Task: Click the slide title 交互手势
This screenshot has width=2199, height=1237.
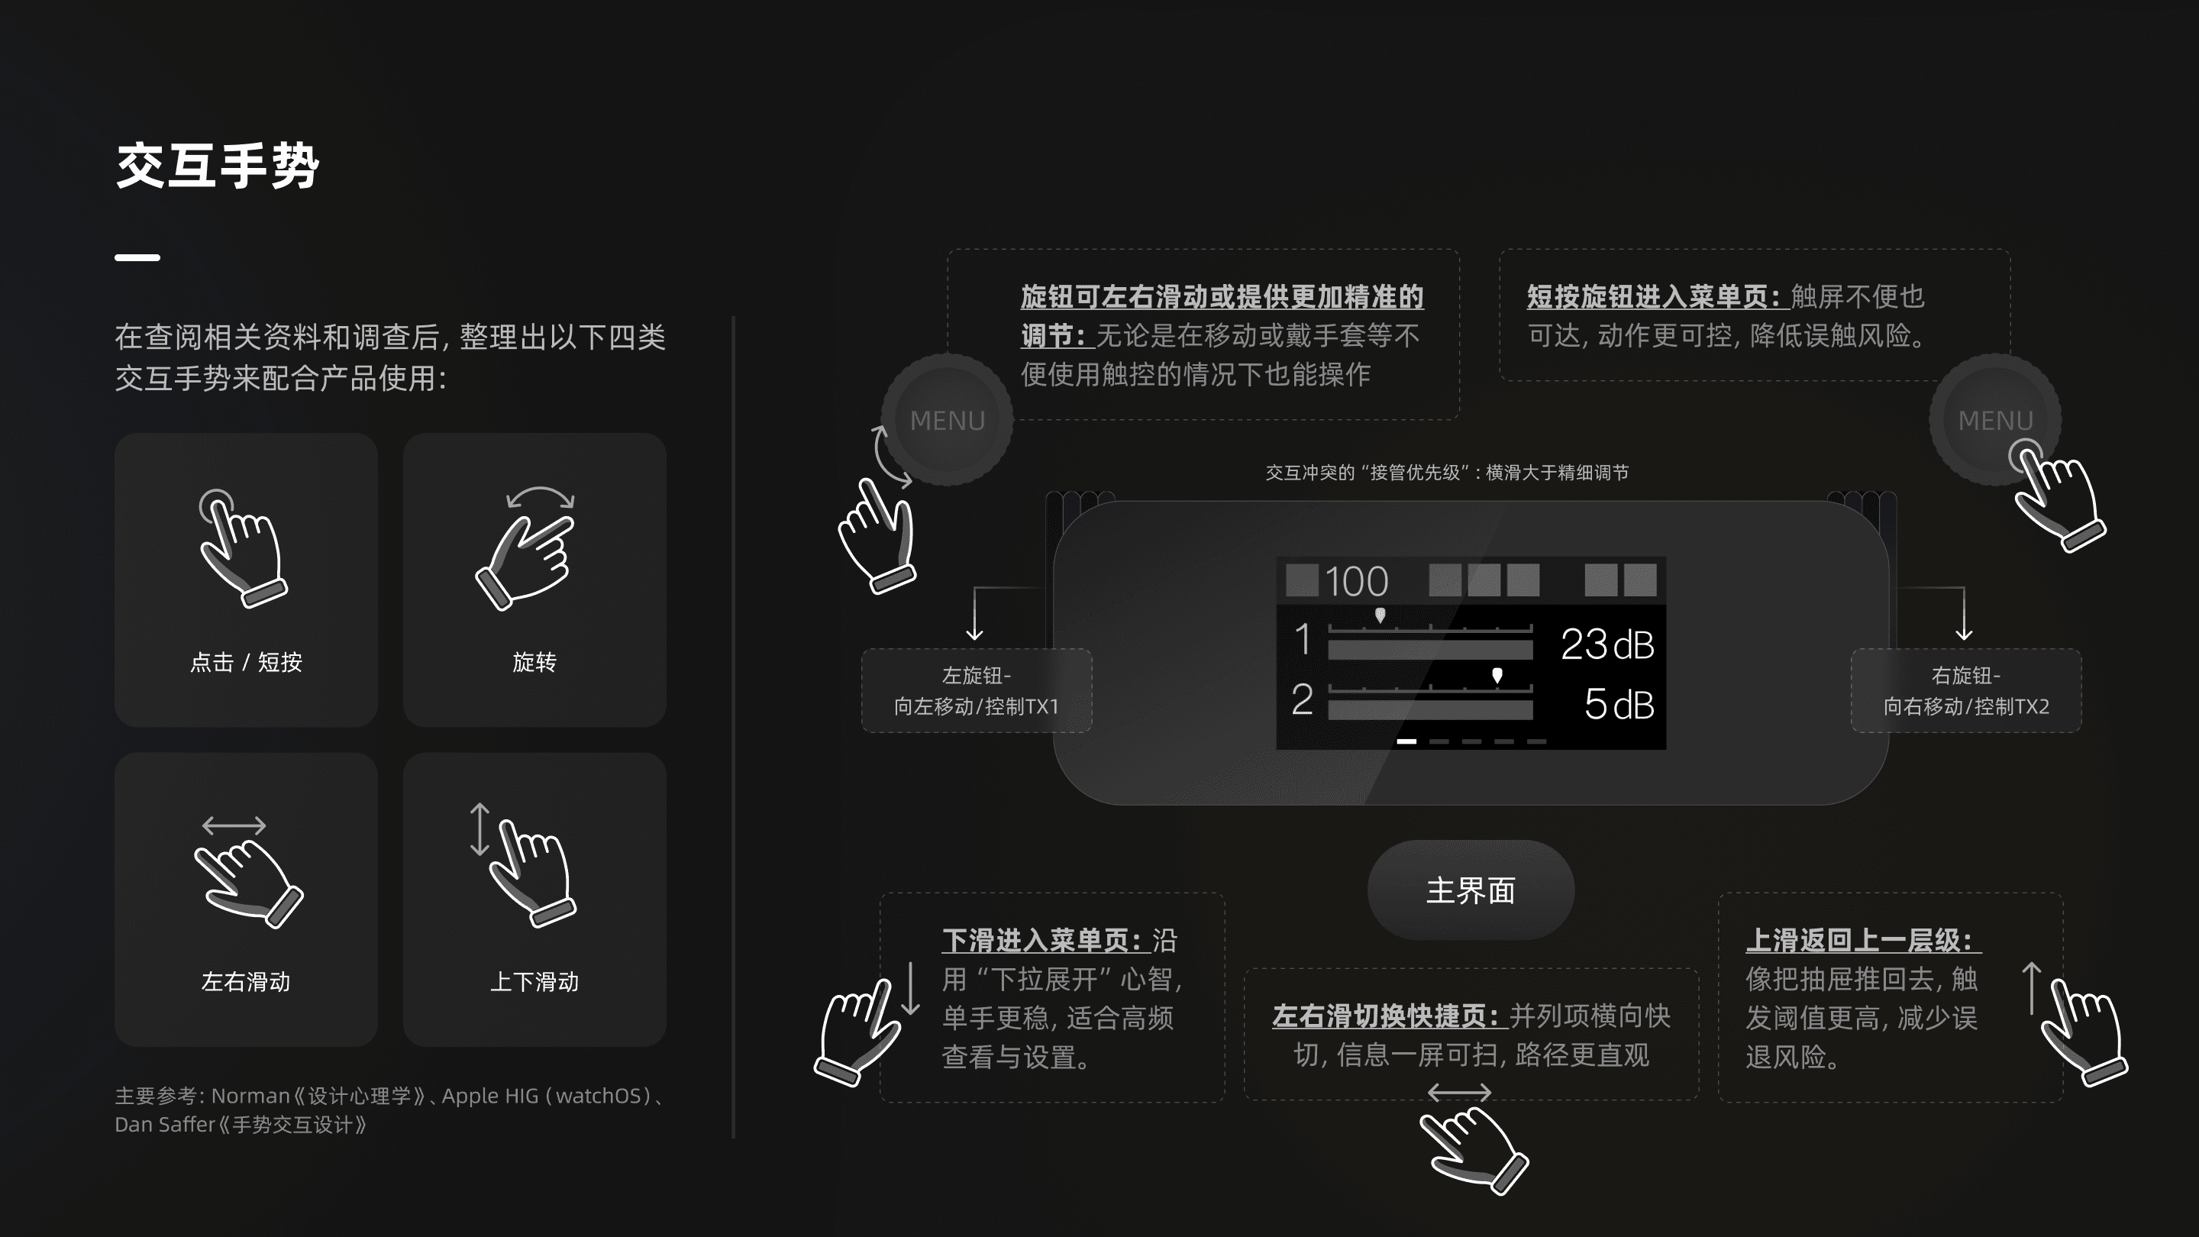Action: [218, 166]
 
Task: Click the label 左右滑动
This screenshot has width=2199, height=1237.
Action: [246, 982]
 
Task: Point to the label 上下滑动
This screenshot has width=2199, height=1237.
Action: [534, 982]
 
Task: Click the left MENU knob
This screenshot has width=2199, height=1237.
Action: [947, 420]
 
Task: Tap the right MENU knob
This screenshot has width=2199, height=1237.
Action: [1994, 420]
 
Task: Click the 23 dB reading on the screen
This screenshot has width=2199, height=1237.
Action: [1606, 644]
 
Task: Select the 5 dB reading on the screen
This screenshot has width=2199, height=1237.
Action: [1619, 704]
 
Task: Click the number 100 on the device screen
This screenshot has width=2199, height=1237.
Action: [1357, 582]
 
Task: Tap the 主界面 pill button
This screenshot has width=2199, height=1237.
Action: [1470, 890]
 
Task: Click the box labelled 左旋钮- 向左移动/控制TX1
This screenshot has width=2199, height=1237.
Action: [976, 690]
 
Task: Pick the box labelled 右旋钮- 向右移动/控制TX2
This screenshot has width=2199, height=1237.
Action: [1965, 690]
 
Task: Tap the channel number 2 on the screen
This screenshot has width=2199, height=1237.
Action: [1302, 700]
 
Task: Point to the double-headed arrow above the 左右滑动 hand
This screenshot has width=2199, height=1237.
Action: [234, 825]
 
